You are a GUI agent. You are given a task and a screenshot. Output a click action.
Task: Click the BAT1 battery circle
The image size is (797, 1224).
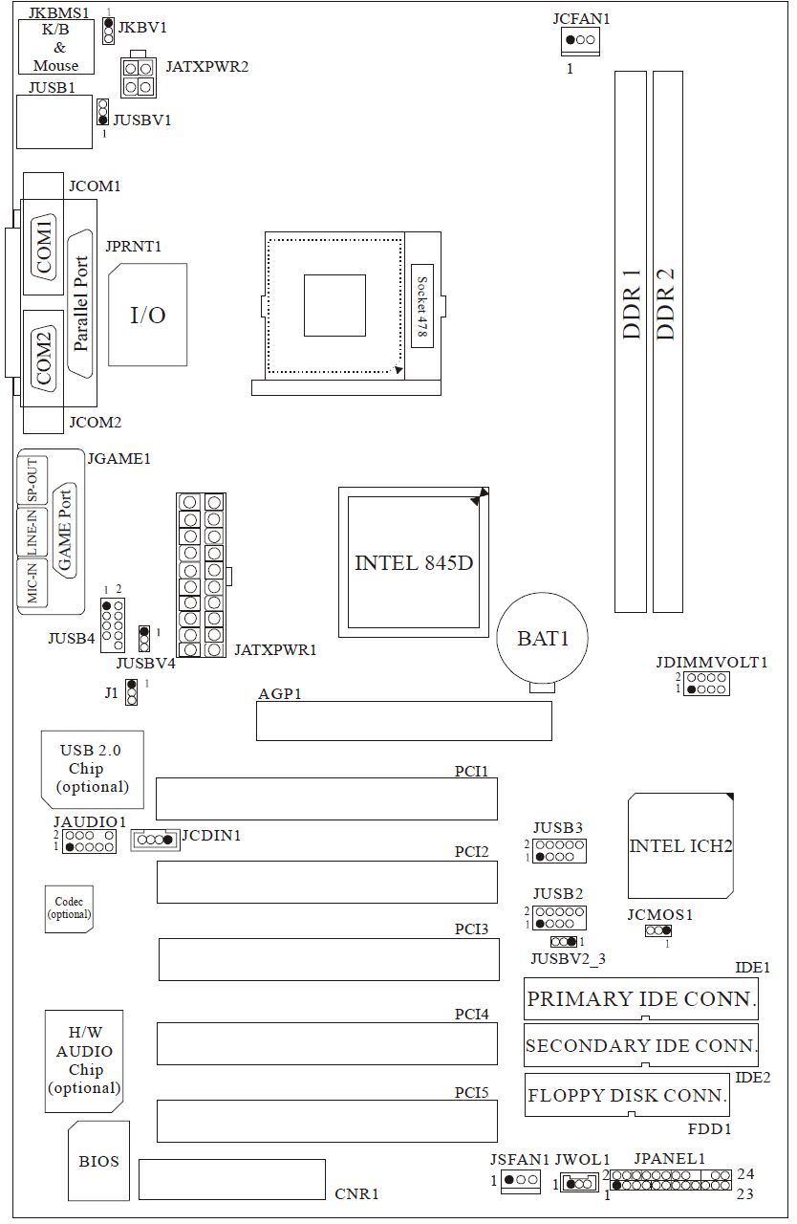[x=542, y=638]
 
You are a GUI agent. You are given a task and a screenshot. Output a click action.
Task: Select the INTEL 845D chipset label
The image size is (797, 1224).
[x=414, y=563]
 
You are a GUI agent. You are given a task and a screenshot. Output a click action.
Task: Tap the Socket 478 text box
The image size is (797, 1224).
[x=422, y=306]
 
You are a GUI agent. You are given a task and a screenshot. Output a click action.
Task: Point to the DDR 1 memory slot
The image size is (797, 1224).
[x=631, y=341]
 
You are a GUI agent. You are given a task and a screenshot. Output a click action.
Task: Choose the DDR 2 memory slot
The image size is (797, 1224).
[x=668, y=341]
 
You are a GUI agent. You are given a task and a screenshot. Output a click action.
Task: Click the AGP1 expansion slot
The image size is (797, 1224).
[x=404, y=721]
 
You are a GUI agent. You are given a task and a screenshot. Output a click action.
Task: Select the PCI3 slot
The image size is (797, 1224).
[x=329, y=959]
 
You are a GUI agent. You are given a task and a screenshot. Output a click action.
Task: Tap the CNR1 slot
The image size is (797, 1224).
[x=232, y=1179]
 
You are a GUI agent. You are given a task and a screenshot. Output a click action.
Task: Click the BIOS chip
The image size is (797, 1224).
[x=98, y=1161]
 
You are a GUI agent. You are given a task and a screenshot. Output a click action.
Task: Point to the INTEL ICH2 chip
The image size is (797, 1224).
[x=680, y=845]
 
